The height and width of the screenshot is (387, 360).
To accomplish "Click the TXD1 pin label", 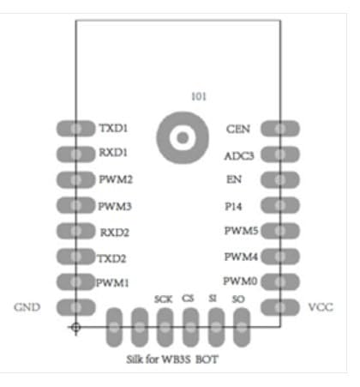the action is (113, 128).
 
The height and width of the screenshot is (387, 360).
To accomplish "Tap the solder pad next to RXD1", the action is (75, 154).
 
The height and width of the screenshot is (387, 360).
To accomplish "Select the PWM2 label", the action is (116, 179).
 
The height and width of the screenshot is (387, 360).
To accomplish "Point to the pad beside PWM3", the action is (75, 205).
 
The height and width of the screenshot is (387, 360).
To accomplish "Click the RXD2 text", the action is (115, 233).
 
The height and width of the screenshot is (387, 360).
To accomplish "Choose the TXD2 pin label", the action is (111, 258).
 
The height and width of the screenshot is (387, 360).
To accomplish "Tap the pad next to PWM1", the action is (75, 281).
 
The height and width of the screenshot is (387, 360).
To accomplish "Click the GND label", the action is (27, 307).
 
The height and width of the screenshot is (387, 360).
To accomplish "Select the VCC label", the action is (321, 307).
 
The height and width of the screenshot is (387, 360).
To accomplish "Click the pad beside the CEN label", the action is (280, 129).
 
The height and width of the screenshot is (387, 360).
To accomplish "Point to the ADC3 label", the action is (239, 156).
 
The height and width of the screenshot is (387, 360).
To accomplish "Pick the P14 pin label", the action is (233, 206).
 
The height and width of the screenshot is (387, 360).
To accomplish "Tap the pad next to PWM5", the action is (280, 231).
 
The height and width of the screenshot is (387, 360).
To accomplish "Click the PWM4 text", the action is (241, 257).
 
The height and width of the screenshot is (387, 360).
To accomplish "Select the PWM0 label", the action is (240, 281).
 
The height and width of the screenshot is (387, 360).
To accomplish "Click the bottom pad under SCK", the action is (165, 327).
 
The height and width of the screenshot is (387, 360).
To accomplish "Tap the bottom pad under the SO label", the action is (242, 327).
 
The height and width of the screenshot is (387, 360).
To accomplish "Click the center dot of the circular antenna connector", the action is (183, 137).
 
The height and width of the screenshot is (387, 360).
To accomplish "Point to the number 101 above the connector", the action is (199, 96).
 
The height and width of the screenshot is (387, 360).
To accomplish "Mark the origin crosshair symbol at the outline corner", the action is (75, 327).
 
